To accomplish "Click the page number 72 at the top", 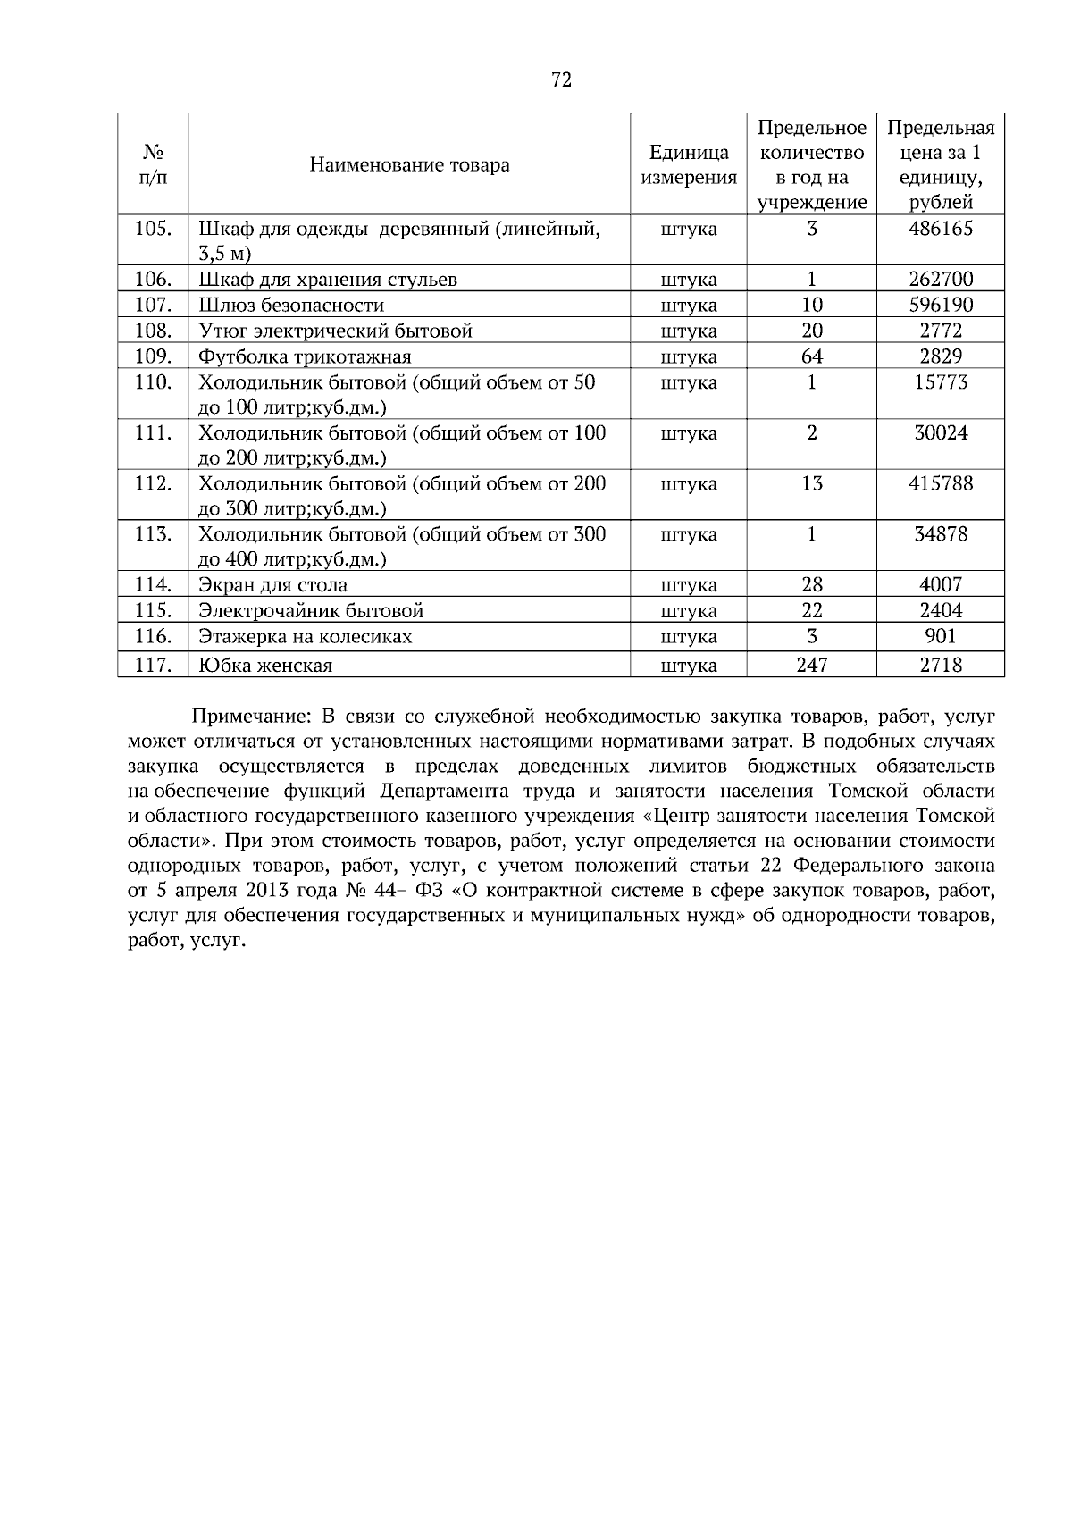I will (561, 80).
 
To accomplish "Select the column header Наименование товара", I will (409, 164).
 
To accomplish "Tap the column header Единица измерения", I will (688, 164).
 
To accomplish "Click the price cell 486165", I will (940, 229).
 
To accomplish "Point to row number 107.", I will (153, 305).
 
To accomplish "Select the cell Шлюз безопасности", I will (291, 306).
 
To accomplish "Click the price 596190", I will (940, 305).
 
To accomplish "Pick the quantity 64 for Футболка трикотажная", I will (811, 356).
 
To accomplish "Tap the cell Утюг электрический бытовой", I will (335, 331).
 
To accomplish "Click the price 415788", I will (940, 483).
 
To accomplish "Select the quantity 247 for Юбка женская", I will (811, 665).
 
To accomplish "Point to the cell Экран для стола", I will (272, 585).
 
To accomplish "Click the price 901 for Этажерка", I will (940, 636).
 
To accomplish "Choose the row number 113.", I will (153, 534).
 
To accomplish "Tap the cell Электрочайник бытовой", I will (311, 611).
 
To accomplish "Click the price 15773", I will (940, 382).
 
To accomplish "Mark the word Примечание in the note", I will (250, 717).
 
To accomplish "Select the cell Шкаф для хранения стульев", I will (328, 280).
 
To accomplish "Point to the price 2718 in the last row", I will (940, 665).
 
